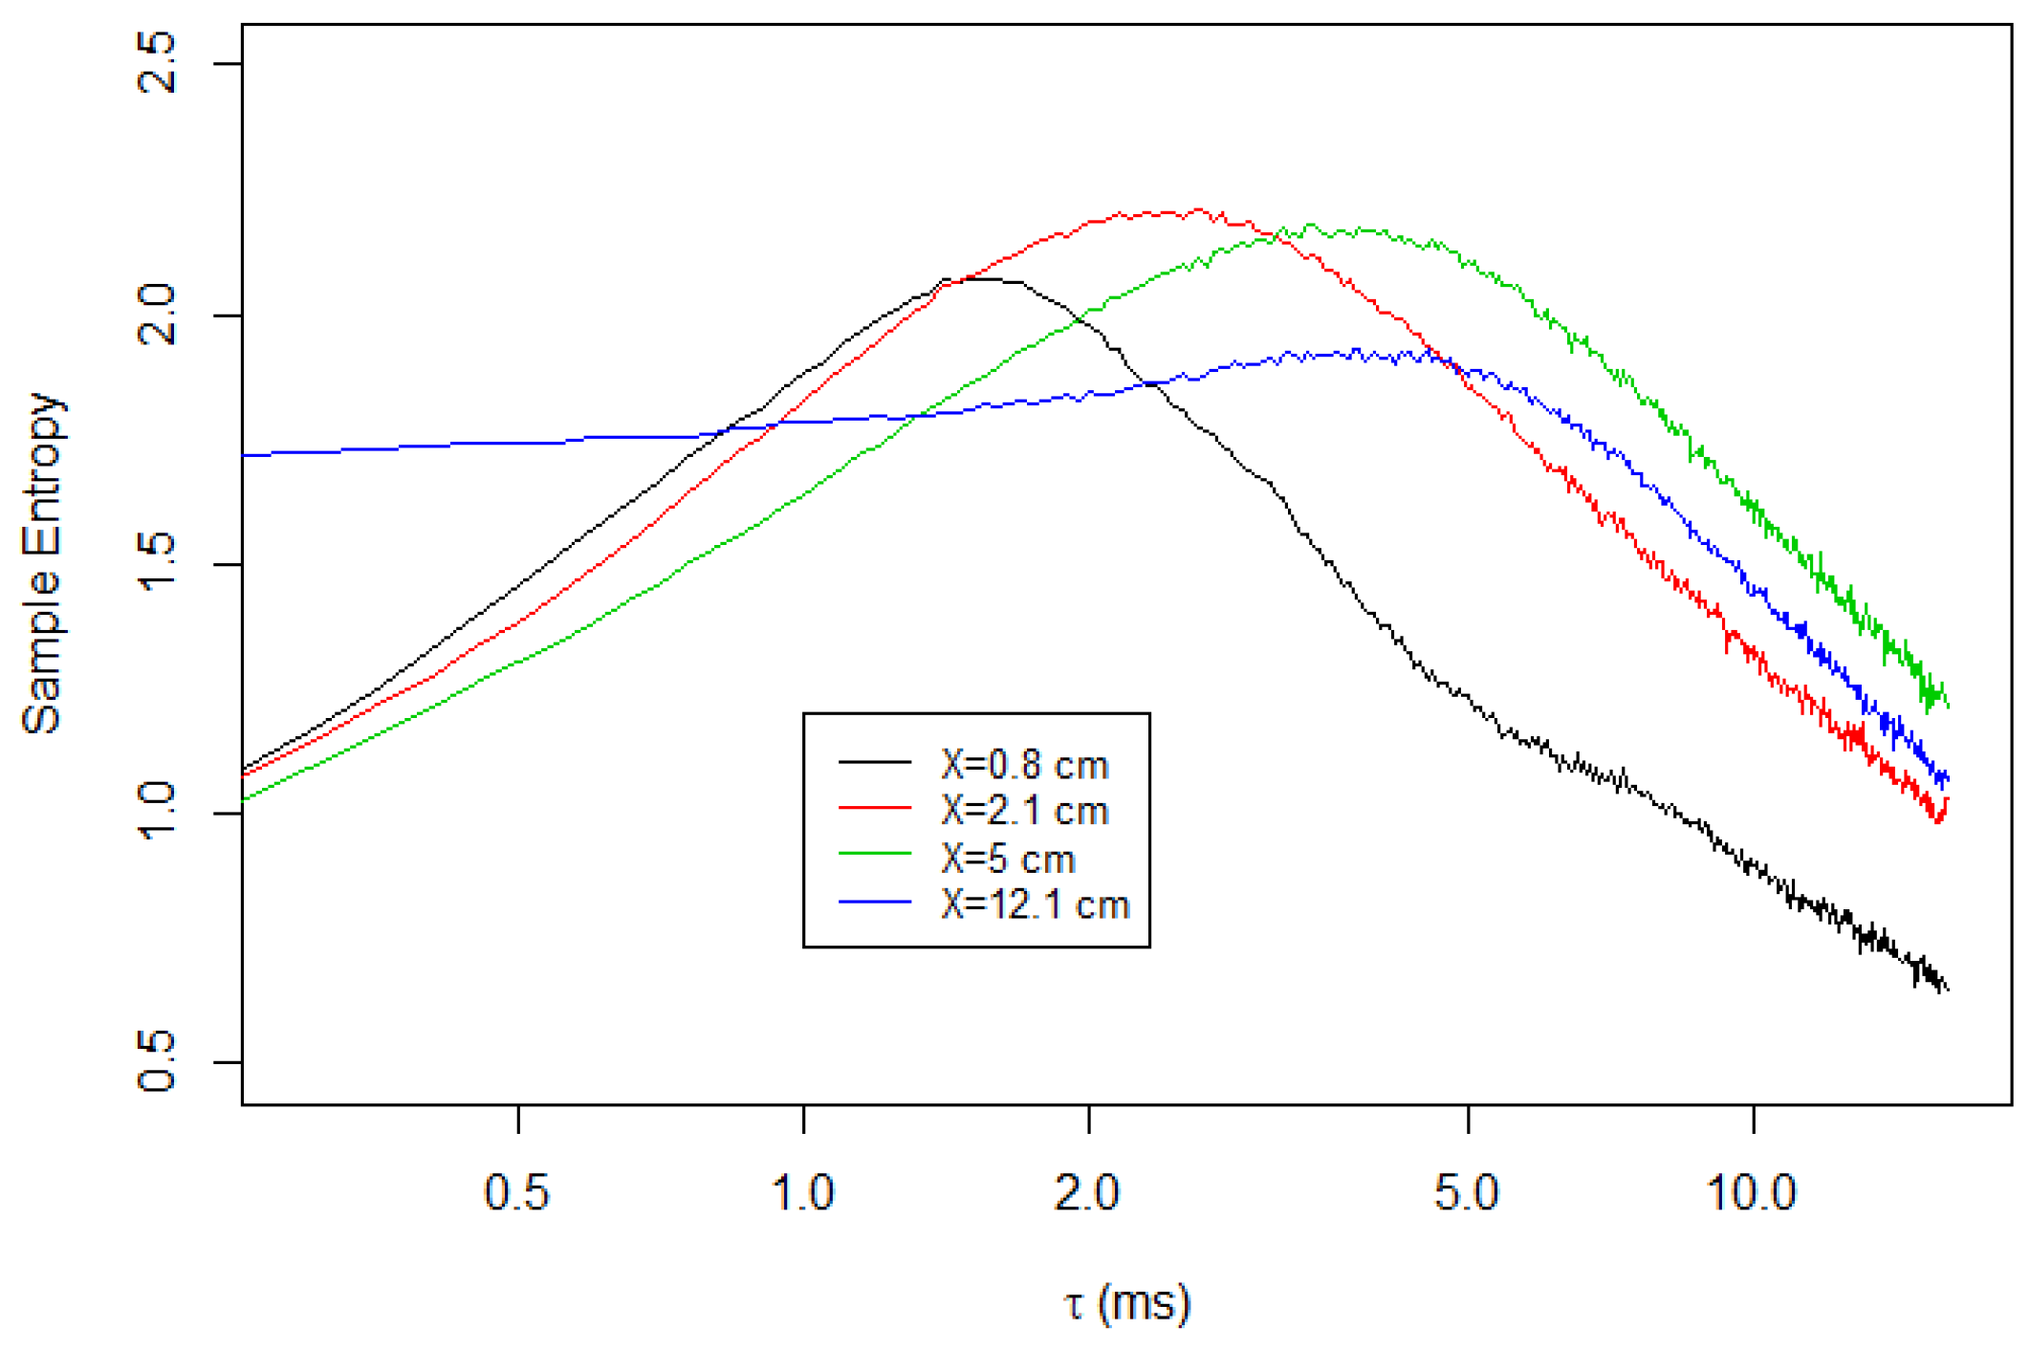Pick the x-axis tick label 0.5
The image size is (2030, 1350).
tap(517, 1193)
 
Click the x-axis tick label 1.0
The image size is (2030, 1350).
tap(803, 1193)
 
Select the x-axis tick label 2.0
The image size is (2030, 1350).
tap(1088, 1193)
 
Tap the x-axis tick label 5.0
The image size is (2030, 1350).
tap(1468, 1193)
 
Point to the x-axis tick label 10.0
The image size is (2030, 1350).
tap(1753, 1193)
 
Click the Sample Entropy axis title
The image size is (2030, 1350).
tap(43, 564)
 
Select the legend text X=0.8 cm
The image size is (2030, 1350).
tap(1024, 765)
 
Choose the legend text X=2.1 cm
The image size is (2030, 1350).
tap(1024, 811)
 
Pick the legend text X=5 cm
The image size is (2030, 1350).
tap(1008, 859)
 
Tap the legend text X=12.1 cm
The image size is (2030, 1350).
tap(1035, 904)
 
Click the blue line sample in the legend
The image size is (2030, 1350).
tap(875, 902)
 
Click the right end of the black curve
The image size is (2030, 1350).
tap(1947, 989)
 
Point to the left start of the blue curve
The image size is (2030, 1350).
tap(245, 455)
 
